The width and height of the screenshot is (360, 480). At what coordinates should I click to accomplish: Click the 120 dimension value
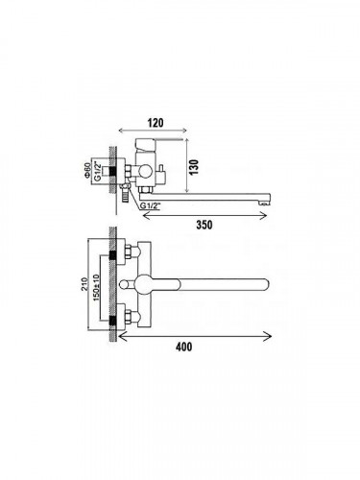click(x=156, y=123)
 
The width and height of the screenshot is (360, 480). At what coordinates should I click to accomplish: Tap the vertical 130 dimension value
click(x=194, y=167)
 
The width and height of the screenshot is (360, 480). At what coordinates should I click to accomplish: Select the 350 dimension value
click(x=204, y=225)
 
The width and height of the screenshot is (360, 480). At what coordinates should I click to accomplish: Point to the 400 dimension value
click(x=184, y=347)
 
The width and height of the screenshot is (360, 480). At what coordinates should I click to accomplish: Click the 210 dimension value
click(x=84, y=284)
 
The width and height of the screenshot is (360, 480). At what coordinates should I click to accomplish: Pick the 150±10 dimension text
click(x=96, y=287)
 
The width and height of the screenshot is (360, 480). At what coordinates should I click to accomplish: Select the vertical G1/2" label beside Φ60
click(x=99, y=172)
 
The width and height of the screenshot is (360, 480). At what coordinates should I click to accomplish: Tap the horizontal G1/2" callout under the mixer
click(x=150, y=205)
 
